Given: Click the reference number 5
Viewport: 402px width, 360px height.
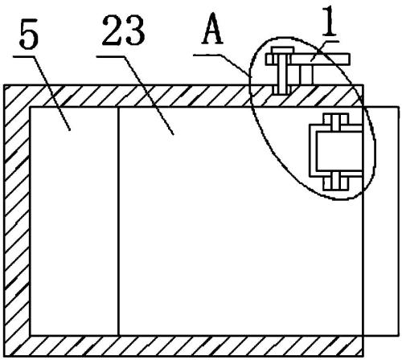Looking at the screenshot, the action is (x=29, y=34).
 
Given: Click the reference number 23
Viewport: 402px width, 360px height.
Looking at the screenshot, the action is (x=123, y=30).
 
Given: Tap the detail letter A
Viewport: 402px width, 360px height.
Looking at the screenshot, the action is (x=212, y=29).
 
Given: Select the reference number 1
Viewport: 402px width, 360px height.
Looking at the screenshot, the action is (x=330, y=21).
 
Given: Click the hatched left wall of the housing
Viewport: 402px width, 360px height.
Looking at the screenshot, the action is (x=17, y=220).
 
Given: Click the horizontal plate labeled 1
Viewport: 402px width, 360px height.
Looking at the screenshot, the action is (x=308, y=59).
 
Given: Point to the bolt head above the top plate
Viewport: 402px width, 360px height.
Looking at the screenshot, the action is (x=282, y=51).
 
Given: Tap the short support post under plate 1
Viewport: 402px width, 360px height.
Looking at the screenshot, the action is (x=306, y=75).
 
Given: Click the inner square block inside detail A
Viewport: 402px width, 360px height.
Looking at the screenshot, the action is (x=339, y=151).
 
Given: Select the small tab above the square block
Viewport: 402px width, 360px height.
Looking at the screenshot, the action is (x=336, y=119).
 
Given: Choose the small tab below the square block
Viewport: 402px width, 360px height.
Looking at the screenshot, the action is (x=336, y=183).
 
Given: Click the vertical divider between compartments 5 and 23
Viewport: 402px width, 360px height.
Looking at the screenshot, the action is (x=118, y=221).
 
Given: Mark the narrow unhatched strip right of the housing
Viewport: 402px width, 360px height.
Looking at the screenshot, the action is (x=381, y=221).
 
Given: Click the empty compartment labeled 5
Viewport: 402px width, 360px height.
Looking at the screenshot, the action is (x=74, y=221).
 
